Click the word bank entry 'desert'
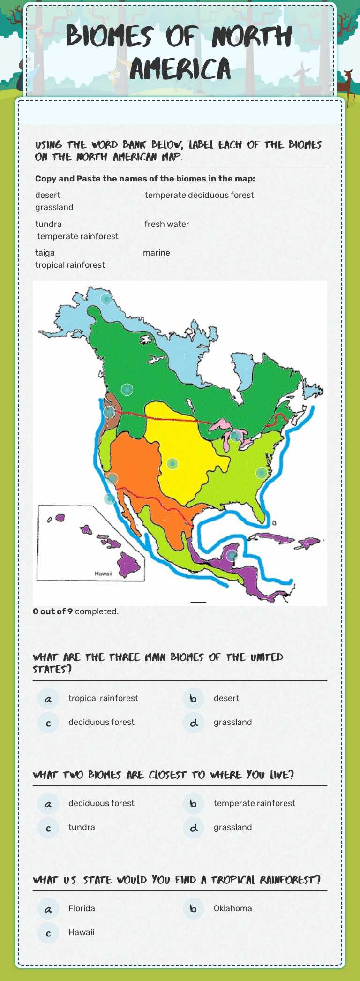coord(48,195)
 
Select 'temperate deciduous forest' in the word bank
coord(199,195)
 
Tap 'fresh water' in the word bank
coord(167,224)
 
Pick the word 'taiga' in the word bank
coord(45,253)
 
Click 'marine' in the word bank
coord(157,253)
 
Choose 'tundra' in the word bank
coord(48,224)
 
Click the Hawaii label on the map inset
coord(103,574)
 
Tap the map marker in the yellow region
coord(172,464)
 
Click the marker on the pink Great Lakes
coord(236,436)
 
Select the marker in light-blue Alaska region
coord(106,299)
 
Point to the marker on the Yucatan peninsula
coord(232,556)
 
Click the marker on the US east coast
coord(262,473)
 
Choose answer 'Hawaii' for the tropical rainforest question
coord(81,932)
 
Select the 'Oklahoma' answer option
coord(232,908)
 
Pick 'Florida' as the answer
coord(82,908)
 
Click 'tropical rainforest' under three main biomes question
coord(103,698)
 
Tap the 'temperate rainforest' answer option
coord(254,803)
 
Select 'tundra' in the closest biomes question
coord(82,827)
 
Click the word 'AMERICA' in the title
coord(180,69)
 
